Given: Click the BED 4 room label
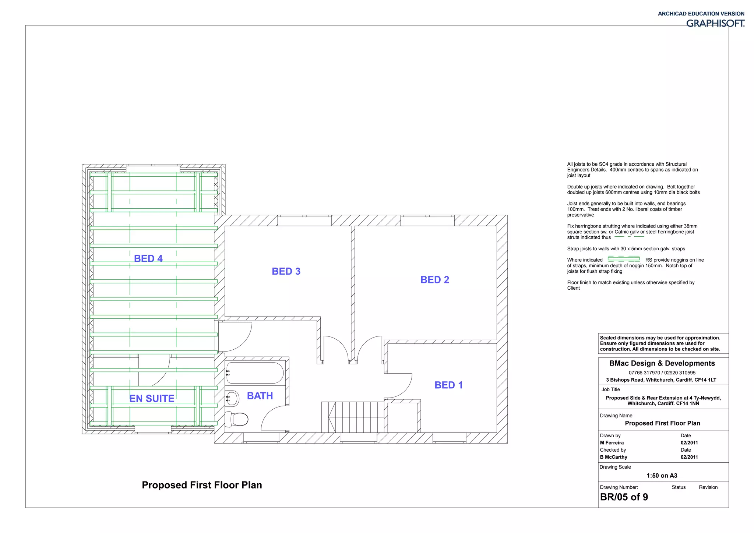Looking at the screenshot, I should (x=148, y=258).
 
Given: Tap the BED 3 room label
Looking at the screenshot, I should (x=286, y=271).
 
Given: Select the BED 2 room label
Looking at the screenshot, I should (x=434, y=280).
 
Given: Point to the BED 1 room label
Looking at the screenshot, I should (x=448, y=385).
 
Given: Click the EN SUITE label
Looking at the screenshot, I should (x=152, y=398).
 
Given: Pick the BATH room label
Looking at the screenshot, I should (x=260, y=396).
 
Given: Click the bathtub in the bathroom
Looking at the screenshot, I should (x=255, y=373).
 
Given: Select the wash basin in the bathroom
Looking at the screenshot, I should (x=232, y=398).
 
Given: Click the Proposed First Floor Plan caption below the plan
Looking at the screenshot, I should (x=202, y=485).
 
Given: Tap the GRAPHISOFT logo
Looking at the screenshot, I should (x=715, y=24).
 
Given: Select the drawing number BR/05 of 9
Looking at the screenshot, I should (x=624, y=497).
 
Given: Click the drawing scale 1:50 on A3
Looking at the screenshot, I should (x=662, y=476).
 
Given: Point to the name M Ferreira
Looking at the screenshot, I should (x=612, y=443).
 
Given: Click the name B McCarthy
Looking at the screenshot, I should (x=613, y=457).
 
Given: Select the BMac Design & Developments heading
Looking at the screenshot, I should (x=662, y=363).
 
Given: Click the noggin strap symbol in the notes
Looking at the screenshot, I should (x=623, y=259).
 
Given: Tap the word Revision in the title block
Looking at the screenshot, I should (x=708, y=487).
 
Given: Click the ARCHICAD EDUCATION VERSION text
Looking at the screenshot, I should (x=701, y=14).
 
